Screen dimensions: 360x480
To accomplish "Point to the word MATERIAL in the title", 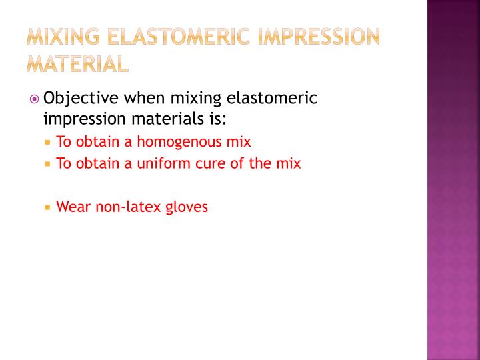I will (x=77, y=64).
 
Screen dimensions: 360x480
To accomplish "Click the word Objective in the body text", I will (x=81, y=99).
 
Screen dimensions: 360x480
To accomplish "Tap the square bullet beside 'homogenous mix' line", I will (x=48, y=143).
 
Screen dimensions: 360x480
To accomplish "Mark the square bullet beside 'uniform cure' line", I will (x=48, y=164).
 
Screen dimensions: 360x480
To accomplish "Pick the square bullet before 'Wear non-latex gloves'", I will (x=48, y=207).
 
